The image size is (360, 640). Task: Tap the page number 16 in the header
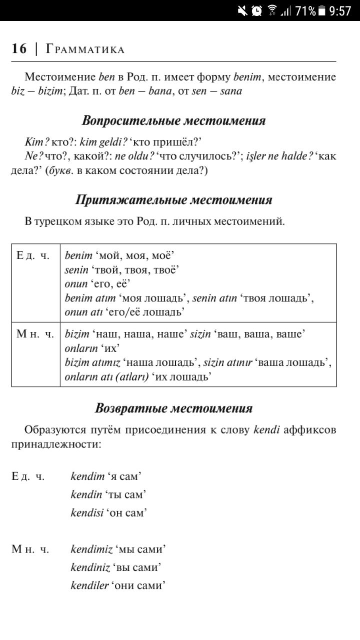click(19, 49)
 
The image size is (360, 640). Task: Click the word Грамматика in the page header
click(85, 49)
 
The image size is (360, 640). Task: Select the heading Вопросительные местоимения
click(173, 120)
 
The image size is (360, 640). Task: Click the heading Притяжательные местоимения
click(173, 200)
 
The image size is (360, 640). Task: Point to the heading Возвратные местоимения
click(173, 408)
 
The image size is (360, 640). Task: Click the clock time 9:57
click(340, 10)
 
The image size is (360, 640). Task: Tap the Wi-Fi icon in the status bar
click(272, 10)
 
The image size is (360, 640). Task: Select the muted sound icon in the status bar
click(243, 10)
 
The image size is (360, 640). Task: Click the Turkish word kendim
click(87, 476)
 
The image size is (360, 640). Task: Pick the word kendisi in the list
click(87, 512)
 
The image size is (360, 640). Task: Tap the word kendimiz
click(91, 549)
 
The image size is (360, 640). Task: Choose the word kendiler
click(89, 585)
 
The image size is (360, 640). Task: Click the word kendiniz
click(90, 567)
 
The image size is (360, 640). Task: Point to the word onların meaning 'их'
click(81, 348)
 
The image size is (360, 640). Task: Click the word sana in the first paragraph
click(230, 91)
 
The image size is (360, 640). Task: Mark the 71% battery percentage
click(305, 10)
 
